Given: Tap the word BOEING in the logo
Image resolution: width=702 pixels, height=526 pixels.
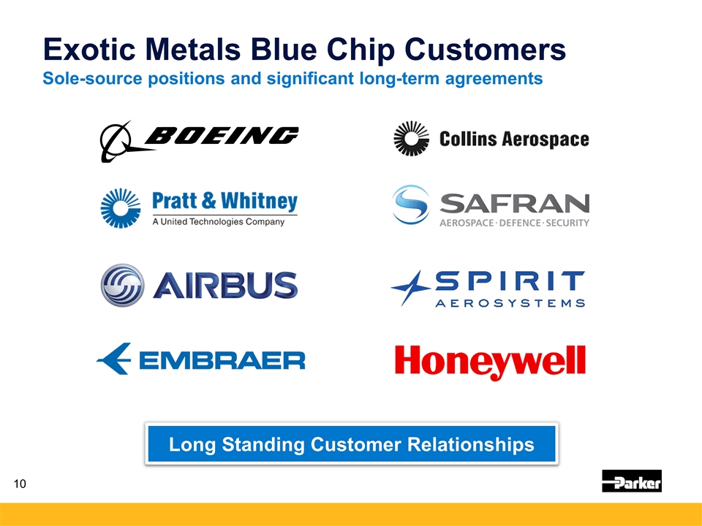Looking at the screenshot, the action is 222,135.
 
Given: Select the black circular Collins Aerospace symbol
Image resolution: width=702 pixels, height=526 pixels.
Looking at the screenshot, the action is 411,139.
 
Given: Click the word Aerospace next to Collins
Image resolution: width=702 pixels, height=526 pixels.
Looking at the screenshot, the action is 546,139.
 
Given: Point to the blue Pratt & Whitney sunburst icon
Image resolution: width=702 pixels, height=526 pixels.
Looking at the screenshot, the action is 121,208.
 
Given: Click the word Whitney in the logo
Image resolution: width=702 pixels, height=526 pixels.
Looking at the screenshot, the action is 259,202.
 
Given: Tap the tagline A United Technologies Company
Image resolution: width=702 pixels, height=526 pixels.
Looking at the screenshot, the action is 219,221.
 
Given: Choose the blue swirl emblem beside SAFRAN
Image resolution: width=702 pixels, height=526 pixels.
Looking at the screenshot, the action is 411,205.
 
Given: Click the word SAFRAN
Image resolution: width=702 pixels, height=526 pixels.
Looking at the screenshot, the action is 514,204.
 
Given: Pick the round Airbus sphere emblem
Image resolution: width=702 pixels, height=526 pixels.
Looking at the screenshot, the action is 123,285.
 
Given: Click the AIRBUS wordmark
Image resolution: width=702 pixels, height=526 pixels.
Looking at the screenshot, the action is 225,285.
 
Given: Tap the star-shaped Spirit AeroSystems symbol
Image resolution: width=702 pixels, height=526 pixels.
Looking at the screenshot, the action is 410,288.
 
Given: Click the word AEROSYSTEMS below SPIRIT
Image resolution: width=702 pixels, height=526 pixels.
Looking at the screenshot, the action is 510,303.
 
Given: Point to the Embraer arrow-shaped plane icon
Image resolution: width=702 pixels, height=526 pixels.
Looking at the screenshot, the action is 114,359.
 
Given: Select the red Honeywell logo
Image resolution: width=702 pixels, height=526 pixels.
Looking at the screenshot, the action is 490,362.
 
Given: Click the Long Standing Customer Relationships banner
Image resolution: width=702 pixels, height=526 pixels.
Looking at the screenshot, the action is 352,443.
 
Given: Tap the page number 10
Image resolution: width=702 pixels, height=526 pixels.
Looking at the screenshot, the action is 20,484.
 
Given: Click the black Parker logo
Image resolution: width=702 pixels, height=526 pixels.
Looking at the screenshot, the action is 632,481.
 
